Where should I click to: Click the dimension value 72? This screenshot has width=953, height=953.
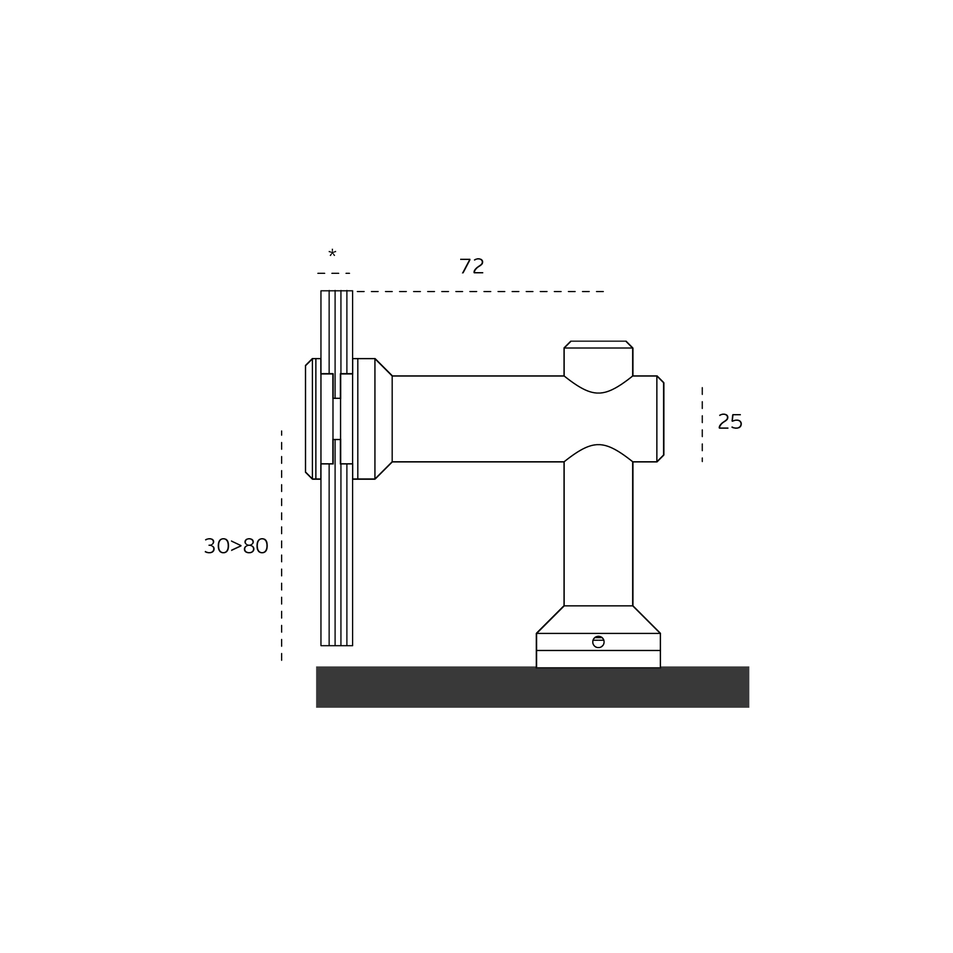click(x=472, y=267)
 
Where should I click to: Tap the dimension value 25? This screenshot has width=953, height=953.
click(x=730, y=422)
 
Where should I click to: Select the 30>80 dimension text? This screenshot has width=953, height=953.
click(x=236, y=546)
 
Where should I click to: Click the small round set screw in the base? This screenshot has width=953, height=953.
click(x=599, y=642)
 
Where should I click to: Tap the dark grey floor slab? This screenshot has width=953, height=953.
click(x=533, y=687)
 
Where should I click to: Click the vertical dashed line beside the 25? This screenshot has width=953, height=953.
click(x=702, y=424)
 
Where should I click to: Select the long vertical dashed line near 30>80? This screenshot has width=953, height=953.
click(x=281, y=546)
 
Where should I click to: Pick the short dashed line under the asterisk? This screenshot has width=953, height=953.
click(x=334, y=273)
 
